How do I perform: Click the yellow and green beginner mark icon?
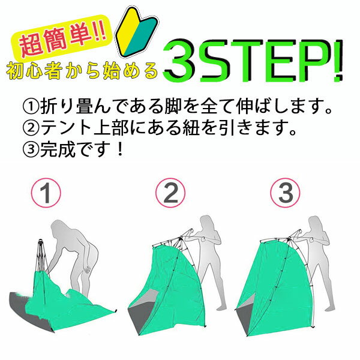pyautogui.click(x=137, y=32)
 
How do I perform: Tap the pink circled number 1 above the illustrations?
pyautogui.click(x=46, y=193)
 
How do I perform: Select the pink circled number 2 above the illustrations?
pyautogui.click(x=170, y=193)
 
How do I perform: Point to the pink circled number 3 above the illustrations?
pyautogui.click(x=285, y=193)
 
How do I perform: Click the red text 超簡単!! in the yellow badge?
pyautogui.click(x=62, y=38)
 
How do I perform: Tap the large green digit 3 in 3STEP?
pyautogui.click(x=179, y=60)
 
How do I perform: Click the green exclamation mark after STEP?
pyautogui.click(x=338, y=61)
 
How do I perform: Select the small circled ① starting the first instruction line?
pyautogui.click(x=31, y=107)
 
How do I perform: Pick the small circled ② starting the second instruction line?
pyautogui.click(x=31, y=128)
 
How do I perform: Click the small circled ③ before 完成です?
pyautogui.click(x=31, y=149)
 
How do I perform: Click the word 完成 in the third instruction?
pyautogui.click(x=58, y=149)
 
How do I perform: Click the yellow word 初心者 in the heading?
pyautogui.click(x=34, y=71)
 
